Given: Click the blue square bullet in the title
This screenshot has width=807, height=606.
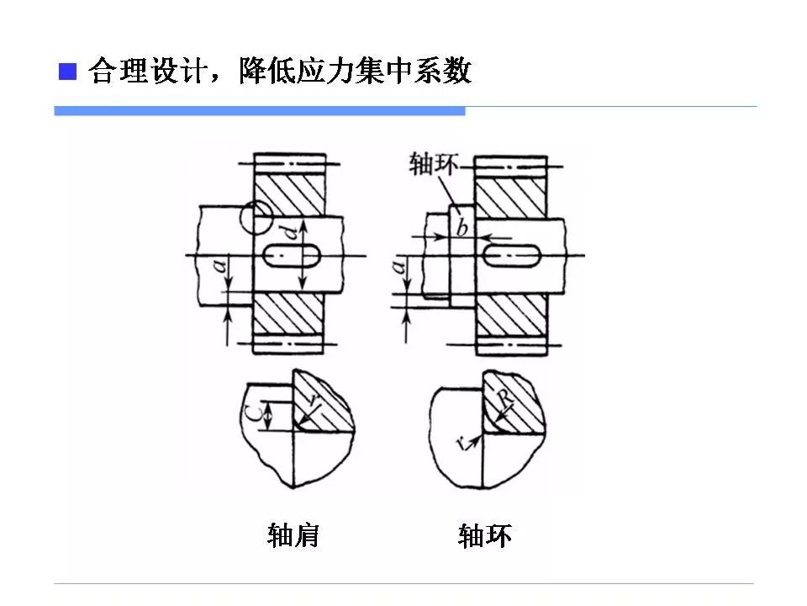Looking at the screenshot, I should (67, 71).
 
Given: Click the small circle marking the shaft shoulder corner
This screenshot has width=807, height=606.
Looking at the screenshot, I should (255, 218).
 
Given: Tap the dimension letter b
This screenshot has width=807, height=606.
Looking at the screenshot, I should (462, 228).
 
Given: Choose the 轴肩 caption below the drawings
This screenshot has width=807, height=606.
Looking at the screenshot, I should (293, 535).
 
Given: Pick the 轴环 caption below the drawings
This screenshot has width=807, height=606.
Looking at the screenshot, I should (485, 536).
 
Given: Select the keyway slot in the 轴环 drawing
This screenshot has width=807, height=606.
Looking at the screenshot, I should (511, 254).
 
